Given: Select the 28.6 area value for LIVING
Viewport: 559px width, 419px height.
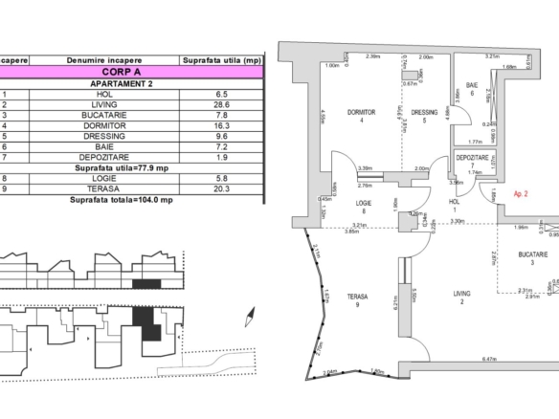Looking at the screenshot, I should (220, 105).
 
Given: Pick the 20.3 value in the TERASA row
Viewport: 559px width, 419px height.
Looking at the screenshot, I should (220, 188).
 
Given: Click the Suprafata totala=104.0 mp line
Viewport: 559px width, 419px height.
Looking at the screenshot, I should (121, 200).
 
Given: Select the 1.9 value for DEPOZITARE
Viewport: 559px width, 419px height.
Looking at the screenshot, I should (220, 157).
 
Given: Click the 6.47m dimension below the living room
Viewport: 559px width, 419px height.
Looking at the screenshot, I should (464, 359).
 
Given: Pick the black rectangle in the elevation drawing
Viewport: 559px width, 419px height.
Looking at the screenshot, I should (145, 283).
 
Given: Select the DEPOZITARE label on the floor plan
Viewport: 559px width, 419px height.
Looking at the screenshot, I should (472, 159).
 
